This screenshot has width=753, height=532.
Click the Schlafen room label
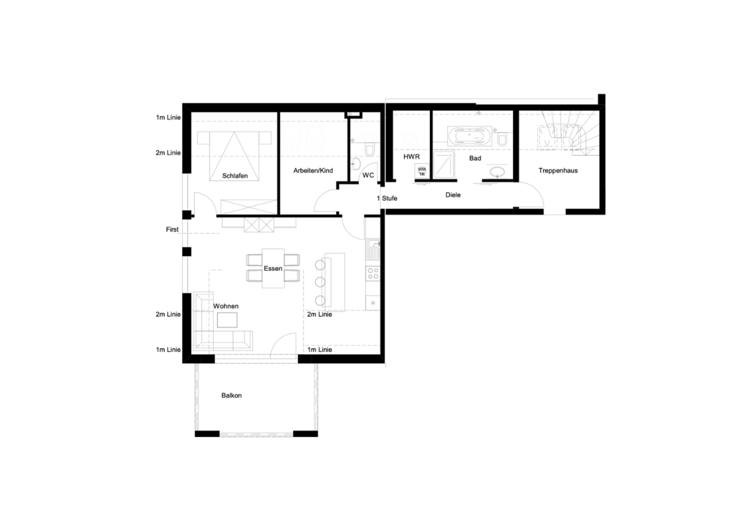235,176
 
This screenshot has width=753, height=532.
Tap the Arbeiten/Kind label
313,170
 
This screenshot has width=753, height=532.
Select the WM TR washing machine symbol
422,172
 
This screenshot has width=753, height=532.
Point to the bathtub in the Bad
469,136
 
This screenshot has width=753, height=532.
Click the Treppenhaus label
558,170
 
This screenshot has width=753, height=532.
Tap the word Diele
453,195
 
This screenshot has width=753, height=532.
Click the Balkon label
232,395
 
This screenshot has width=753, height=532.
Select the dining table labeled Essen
273,268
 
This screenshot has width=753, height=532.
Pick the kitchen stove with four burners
373,273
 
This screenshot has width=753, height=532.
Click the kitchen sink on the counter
373,249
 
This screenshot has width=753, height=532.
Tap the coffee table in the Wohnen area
227,320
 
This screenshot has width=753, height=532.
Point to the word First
172,230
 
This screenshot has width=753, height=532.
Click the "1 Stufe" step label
387,198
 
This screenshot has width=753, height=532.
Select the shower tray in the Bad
444,164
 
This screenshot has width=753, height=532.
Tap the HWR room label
412,157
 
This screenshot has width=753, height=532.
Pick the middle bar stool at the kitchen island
320,282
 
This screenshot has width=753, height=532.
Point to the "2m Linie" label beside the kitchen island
320,314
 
